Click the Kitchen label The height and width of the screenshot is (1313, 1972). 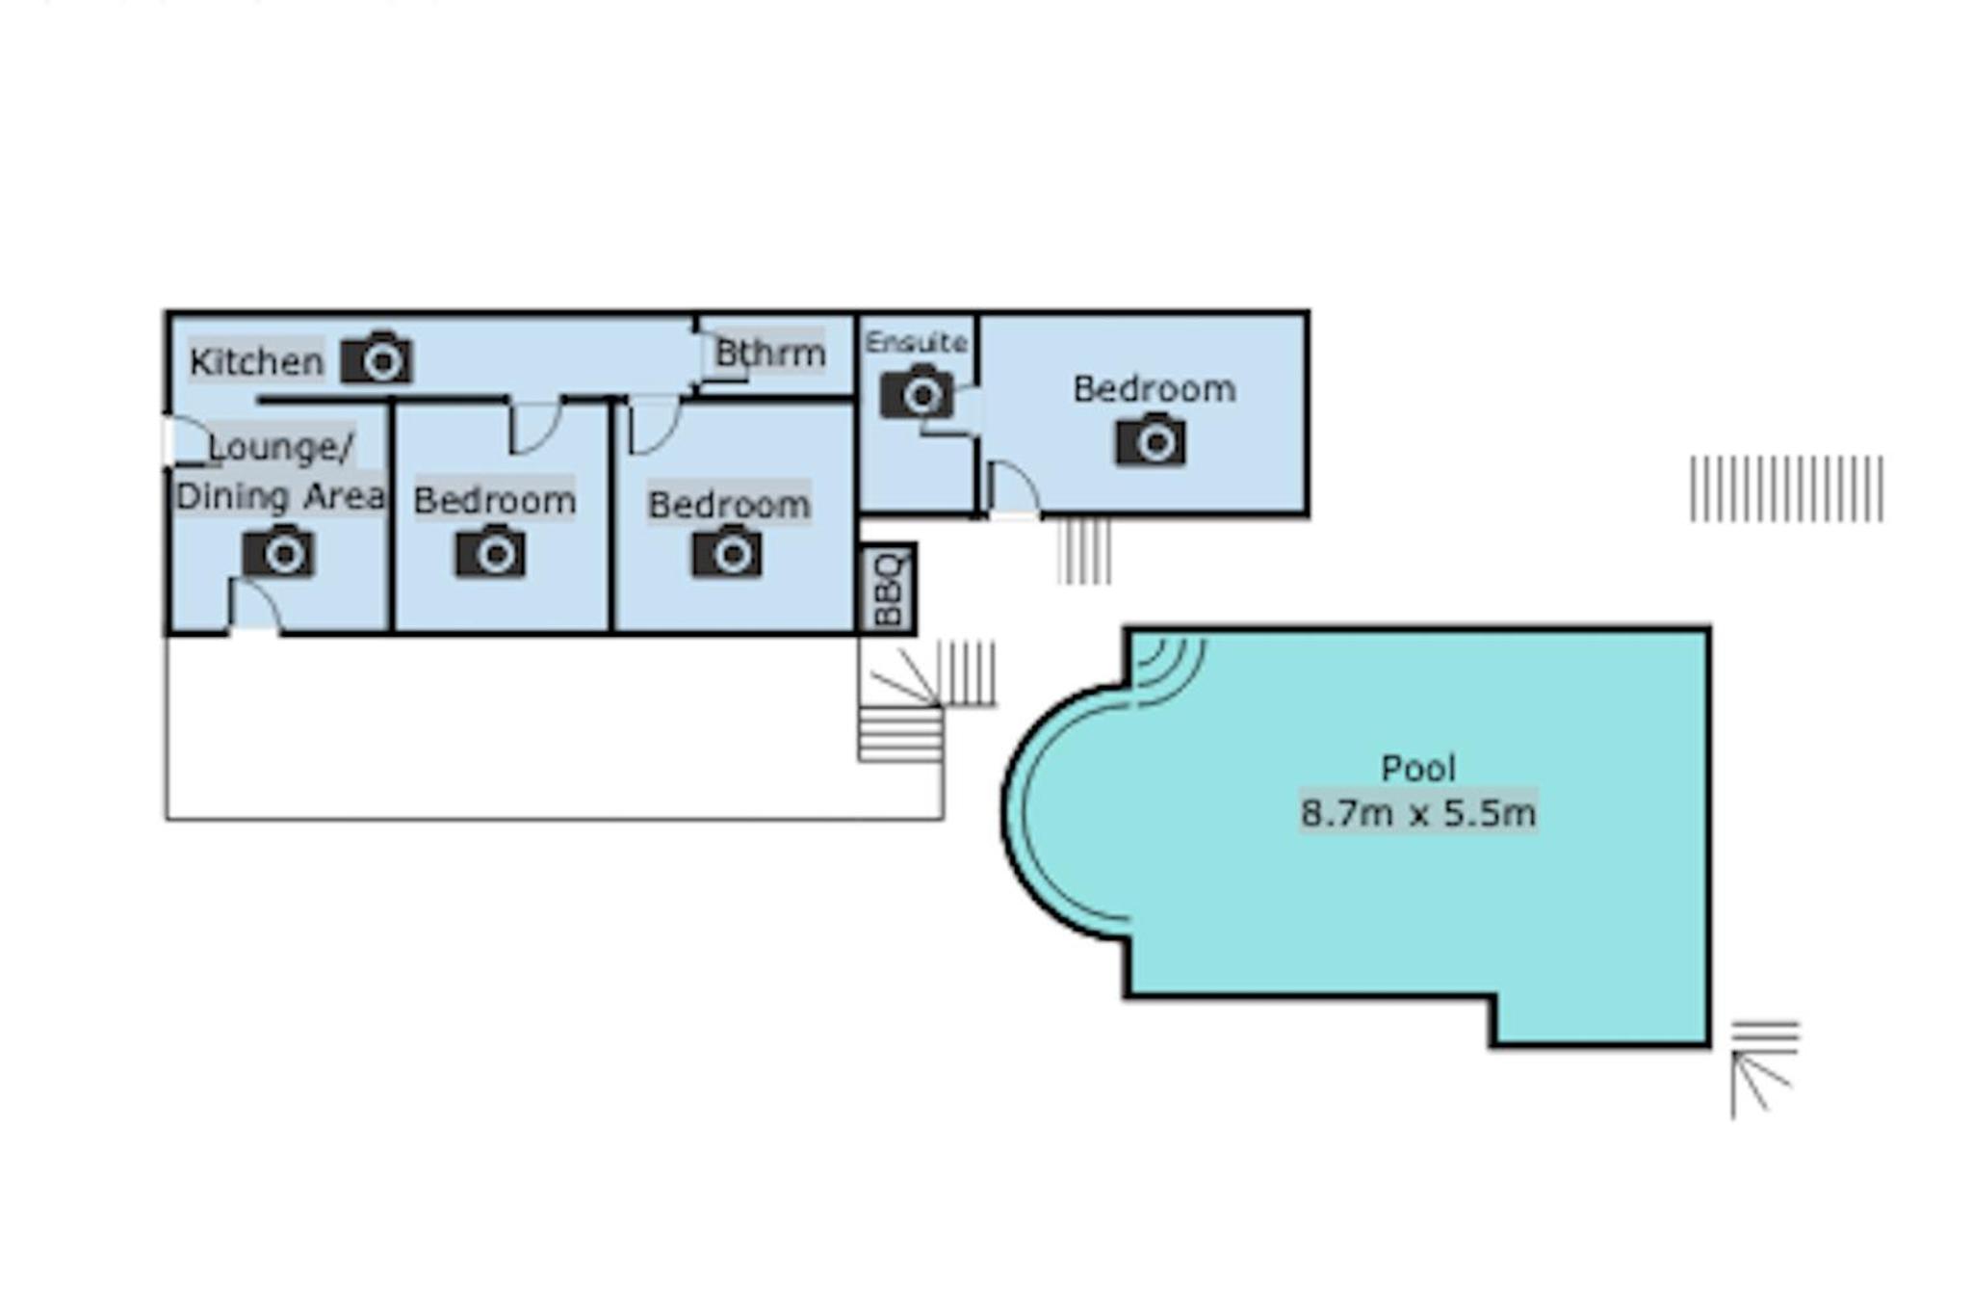[256, 362]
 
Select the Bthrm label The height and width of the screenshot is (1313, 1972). [769, 353]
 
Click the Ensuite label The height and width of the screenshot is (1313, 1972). [916, 342]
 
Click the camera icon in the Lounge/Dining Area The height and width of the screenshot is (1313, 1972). [278, 551]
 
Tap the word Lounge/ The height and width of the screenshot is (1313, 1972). [281, 447]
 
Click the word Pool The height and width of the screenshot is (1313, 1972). [1417, 768]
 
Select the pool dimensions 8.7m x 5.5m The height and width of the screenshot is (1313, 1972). [1417, 813]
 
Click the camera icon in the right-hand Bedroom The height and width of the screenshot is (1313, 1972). [1152, 439]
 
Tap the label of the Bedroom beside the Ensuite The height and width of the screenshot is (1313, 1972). [1155, 389]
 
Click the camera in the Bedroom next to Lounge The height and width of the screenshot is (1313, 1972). [491, 551]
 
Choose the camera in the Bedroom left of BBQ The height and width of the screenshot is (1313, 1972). [727, 551]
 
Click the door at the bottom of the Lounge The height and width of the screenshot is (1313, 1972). [255, 606]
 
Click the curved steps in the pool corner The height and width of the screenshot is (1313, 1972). [1169, 668]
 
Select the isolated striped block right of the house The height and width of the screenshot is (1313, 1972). [1786, 488]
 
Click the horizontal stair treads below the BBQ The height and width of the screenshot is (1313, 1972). [900, 735]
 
